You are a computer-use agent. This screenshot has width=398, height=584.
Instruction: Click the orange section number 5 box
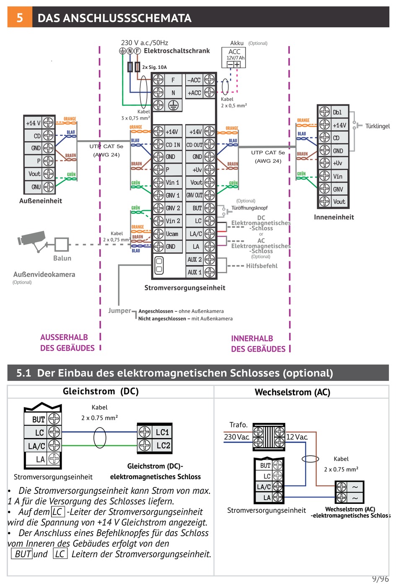[x=20, y=17]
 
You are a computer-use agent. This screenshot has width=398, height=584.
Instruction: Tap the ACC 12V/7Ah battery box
[x=233, y=57]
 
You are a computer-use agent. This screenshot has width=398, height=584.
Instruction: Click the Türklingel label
[x=377, y=126]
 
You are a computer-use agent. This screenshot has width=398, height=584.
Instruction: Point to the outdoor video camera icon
[x=32, y=241]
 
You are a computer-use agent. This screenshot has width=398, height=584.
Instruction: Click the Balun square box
[x=62, y=244]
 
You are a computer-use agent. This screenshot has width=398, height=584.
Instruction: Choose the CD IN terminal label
[x=173, y=145]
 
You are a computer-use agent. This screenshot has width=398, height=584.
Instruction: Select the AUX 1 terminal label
[x=194, y=272]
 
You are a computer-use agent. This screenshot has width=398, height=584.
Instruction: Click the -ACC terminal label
[x=194, y=80]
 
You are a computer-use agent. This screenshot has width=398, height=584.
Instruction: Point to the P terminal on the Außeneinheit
[x=39, y=161]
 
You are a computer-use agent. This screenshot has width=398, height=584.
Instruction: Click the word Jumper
[x=119, y=310]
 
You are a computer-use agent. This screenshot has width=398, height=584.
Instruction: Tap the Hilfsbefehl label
[x=261, y=266]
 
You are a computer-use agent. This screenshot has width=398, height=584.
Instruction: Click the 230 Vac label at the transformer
[x=237, y=437]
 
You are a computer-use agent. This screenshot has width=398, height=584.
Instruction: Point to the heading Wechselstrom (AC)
[x=292, y=392]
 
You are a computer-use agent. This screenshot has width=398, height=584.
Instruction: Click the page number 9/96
[x=380, y=579]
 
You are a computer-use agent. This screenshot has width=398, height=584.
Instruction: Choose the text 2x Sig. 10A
[x=154, y=67]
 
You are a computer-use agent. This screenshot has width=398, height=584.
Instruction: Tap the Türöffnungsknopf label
[x=249, y=208]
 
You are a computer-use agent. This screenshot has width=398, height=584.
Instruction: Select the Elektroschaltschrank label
[x=177, y=51]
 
